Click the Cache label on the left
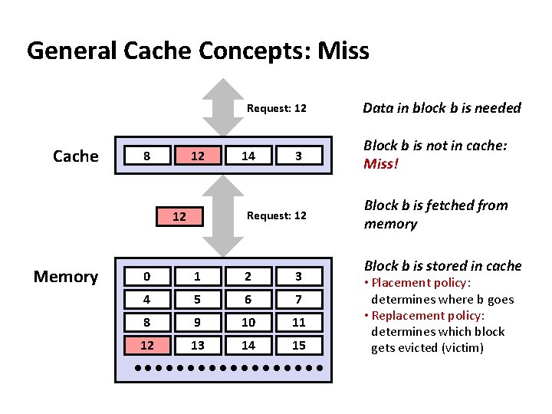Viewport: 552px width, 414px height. (x=75, y=156)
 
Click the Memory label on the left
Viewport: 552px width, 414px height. (x=65, y=277)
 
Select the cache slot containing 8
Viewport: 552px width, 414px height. (x=147, y=156)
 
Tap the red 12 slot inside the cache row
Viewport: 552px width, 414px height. (x=198, y=156)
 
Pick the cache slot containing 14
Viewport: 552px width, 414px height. (x=248, y=156)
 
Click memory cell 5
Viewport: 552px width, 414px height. (x=198, y=300)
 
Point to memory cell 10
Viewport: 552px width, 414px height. (x=248, y=323)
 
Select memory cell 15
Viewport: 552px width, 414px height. (x=299, y=346)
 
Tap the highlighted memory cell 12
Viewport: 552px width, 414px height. (x=147, y=346)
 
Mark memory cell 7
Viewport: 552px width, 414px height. (x=299, y=300)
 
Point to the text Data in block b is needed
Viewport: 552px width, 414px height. (x=442, y=108)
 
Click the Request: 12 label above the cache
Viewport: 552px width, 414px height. (x=277, y=108)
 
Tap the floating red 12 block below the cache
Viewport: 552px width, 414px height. (x=179, y=217)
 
